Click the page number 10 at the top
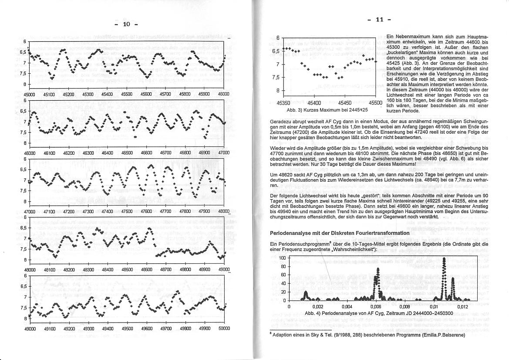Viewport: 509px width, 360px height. [x=127, y=24]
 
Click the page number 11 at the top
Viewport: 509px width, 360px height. [x=379, y=20]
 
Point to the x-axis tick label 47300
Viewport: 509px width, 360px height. [x=88, y=211]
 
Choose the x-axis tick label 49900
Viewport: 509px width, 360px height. [x=205, y=329]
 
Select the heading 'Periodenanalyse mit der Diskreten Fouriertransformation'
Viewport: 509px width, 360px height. [x=340, y=233]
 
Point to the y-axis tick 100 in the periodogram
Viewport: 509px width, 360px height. [x=282, y=258]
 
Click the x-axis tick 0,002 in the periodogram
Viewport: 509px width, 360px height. [x=317, y=307]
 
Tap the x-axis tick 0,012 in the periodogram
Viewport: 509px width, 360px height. [x=462, y=307]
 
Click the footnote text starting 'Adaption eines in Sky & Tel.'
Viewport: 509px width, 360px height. [x=368, y=335]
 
